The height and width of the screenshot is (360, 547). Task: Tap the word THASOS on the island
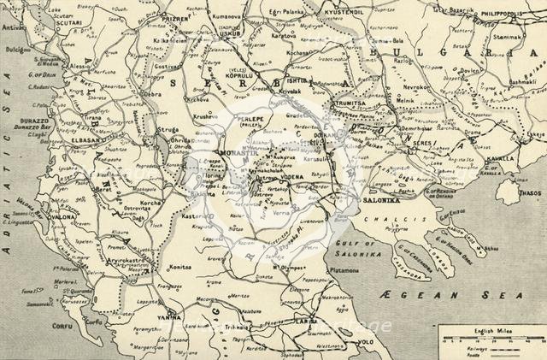(x=528, y=193)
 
